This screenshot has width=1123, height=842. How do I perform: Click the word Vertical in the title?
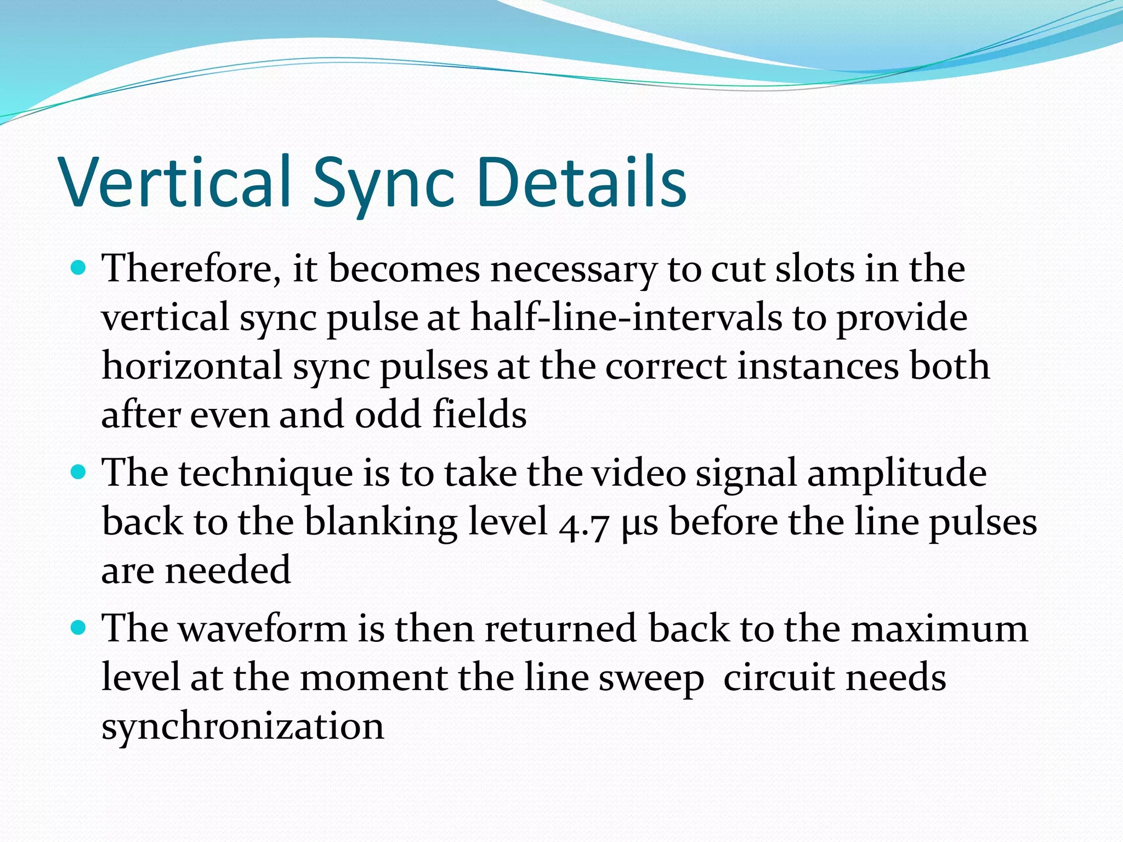[x=175, y=182]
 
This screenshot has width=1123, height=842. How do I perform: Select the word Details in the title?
[x=581, y=182]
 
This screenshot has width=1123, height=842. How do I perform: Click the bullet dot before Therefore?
[x=80, y=268]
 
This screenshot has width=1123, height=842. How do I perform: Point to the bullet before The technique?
[x=80, y=472]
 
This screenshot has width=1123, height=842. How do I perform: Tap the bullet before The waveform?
[x=80, y=627]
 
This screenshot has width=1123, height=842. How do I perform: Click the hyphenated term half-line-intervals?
[x=626, y=318]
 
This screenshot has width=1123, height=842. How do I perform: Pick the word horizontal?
[x=192, y=366]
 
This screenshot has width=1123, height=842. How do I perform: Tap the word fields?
[x=479, y=414]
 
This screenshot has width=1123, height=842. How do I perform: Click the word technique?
[x=266, y=473]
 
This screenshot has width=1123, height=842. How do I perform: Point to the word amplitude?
[x=897, y=473]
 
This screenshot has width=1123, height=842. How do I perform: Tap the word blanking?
[x=381, y=521]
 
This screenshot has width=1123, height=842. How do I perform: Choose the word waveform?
[x=263, y=628]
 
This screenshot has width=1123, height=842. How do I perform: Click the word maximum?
[x=939, y=628]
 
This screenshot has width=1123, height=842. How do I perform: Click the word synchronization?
[x=243, y=726]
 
